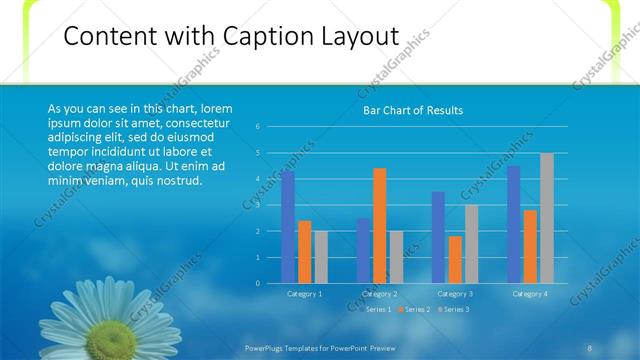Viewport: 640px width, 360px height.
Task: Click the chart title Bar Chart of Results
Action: (x=412, y=110)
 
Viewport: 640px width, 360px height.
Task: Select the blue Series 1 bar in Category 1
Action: (x=288, y=227)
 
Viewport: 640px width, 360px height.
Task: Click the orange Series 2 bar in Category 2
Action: (x=380, y=226)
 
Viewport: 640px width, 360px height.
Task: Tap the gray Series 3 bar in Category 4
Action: (x=546, y=218)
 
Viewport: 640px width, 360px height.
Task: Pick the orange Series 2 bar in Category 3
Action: (x=455, y=260)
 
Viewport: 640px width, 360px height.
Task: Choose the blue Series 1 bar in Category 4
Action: (x=514, y=225)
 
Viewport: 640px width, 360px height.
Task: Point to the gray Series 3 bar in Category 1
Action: (x=321, y=257)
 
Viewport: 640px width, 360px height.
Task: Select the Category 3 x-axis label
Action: (x=455, y=294)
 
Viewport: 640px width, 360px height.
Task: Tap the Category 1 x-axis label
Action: (x=304, y=294)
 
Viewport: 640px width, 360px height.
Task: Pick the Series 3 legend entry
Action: (x=456, y=310)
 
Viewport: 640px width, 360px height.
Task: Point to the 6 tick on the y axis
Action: (x=258, y=127)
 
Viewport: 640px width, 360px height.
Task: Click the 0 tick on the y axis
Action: (x=258, y=283)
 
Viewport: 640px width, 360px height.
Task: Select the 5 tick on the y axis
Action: (x=258, y=153)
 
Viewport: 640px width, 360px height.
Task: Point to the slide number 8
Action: (x=590, y=347)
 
